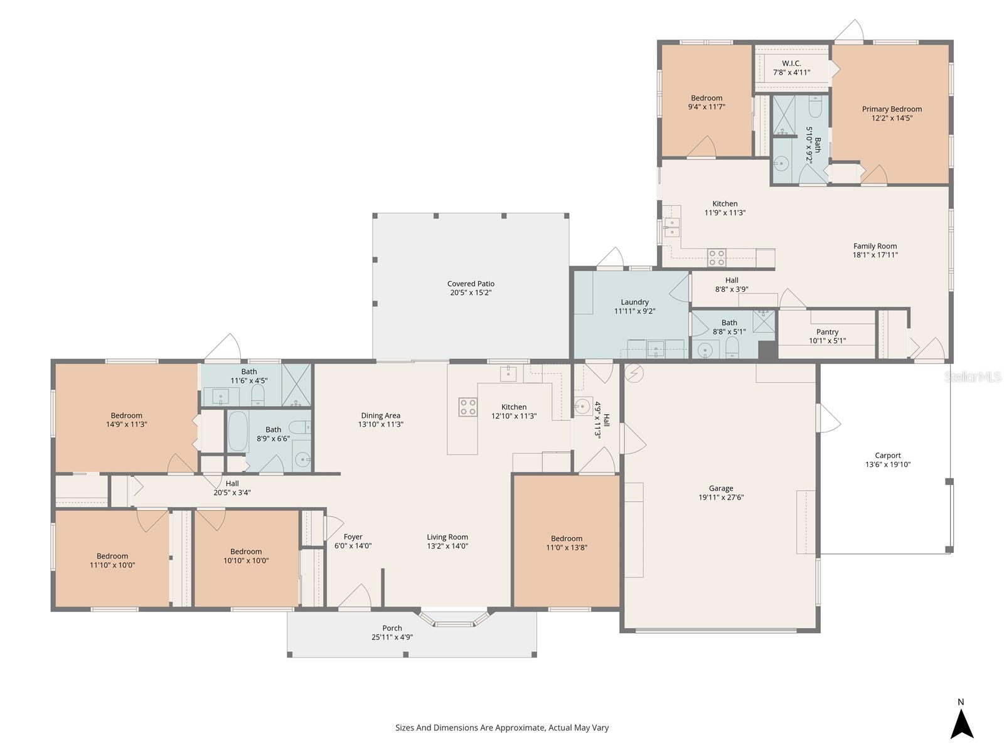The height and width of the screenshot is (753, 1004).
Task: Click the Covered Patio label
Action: [471, 284]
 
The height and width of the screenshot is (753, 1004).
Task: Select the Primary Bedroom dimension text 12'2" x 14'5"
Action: [891, 118]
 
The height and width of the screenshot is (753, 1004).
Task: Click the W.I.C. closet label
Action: [791, 63]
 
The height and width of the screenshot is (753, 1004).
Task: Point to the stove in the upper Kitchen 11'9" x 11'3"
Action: [717, 257]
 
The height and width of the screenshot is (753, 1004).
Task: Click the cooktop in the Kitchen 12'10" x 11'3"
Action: [467, 407]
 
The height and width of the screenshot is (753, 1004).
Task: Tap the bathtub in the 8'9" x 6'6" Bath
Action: [237, 431]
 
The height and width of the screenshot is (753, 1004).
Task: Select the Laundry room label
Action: [634, 302]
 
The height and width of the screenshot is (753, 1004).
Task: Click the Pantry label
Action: [827, 332]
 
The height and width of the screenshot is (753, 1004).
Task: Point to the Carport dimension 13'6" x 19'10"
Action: [887, 465]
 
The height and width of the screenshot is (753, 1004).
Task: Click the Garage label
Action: [721, 488]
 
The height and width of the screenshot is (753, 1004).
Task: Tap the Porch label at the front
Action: [392, 628]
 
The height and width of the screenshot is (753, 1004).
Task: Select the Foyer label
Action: [353, 537]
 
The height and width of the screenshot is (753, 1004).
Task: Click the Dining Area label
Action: [380, 415]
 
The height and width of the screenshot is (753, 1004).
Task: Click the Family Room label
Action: [875, 246]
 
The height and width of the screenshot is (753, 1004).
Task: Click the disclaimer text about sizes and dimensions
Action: [502, 728]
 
